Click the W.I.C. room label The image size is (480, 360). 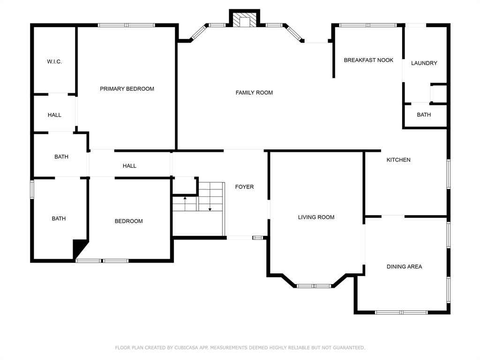(54, 61)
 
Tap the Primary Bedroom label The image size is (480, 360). (127, 89)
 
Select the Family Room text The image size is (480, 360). (254, 92)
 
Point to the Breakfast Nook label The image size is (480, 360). (368, 60)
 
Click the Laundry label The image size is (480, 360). (424, 63)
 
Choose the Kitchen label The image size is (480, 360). (398, 160)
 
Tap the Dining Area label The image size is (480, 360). (405, 267)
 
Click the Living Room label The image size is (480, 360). (316, 217)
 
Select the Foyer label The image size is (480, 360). (244, 187)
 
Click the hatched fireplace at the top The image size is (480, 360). (245, 20)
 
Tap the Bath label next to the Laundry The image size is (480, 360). (424, 115)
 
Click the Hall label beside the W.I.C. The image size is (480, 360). (54, 115)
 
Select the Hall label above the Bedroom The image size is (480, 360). (129, 166)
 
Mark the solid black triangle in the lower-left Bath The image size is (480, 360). (79, 247)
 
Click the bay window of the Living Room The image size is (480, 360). (314, 286)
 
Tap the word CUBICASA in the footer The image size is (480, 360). (186, 347)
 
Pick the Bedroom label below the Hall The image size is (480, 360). (128, 221)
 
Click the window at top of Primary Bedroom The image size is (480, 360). (127, 25)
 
